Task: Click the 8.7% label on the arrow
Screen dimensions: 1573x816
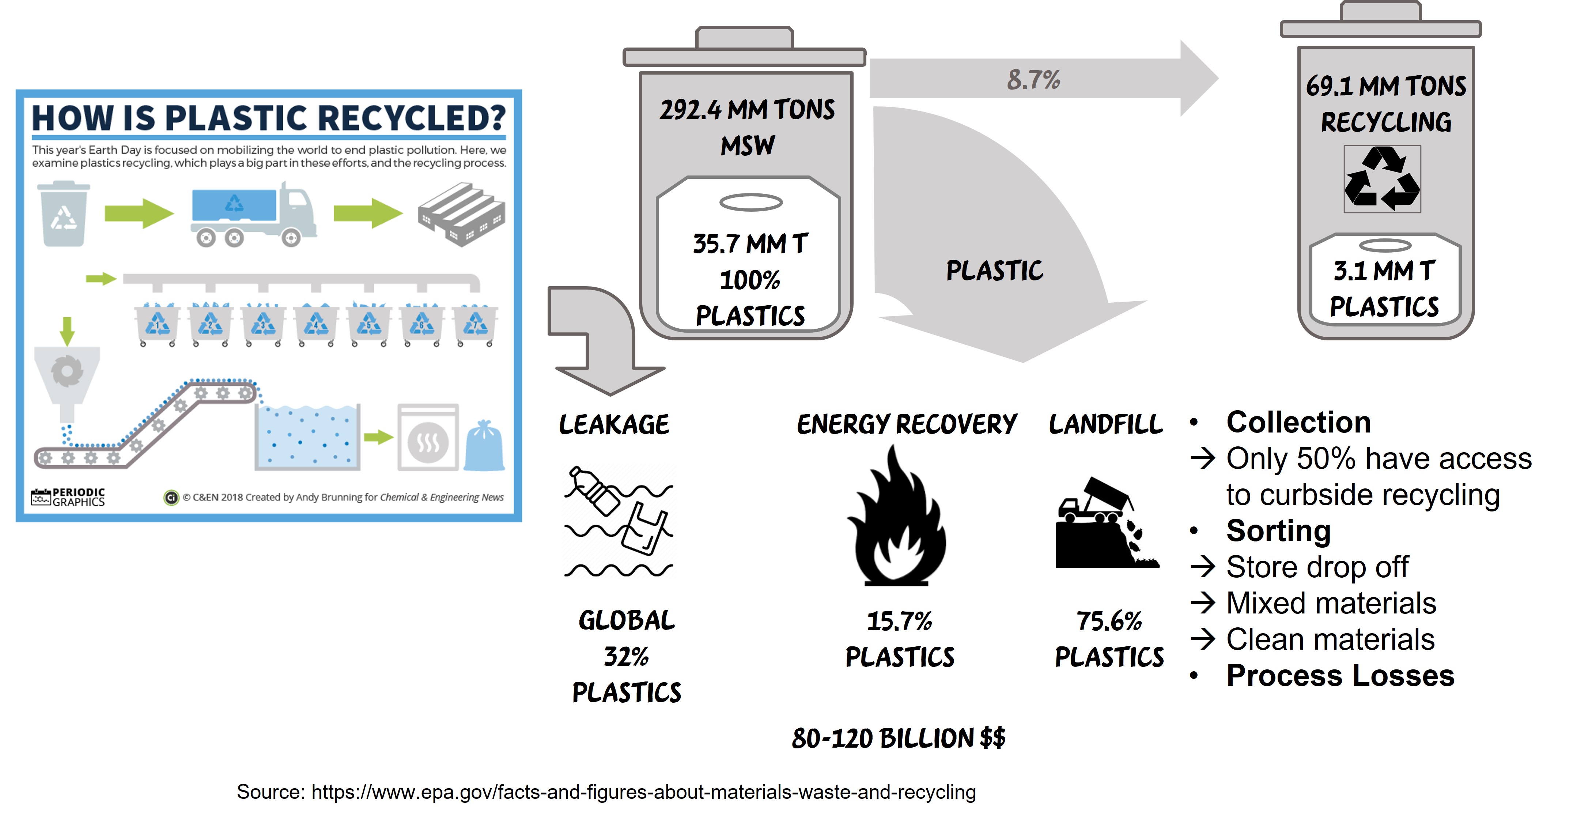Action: point(1033,79)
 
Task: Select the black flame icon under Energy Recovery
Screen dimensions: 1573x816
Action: point(896,516)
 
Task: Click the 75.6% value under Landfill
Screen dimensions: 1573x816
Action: point(1109,621)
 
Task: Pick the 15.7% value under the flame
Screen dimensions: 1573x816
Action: point(900,621)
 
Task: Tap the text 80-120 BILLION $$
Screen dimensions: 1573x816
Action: point(898,738)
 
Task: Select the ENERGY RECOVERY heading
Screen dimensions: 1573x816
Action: point(907,424)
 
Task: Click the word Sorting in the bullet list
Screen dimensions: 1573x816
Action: point(1279,530)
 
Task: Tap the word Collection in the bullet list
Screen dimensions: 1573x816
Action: point(1299,422)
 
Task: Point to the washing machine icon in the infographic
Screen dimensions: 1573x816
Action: point(428,437)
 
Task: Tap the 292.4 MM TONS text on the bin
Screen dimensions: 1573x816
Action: point(747,110)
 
